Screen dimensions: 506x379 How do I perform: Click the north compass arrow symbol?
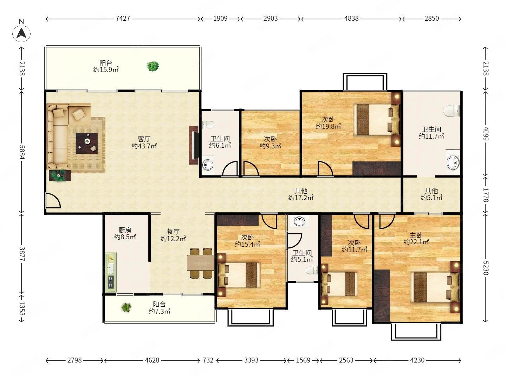[x=21, y=34]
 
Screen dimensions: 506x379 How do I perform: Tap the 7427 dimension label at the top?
[x=123, y=18]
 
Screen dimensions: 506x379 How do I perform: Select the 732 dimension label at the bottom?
[x=208, y=360]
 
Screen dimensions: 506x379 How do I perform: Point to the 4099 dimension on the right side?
[x=486, y=133]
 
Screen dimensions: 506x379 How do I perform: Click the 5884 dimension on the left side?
[x=22, y=152]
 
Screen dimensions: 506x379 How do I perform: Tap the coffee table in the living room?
[x=87, y=143]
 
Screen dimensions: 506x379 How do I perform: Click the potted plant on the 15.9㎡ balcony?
[x=153, y=66]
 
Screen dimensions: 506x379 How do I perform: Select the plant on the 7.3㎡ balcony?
[x=126, y=307]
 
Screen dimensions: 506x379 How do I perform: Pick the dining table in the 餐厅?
[x=201, y=263]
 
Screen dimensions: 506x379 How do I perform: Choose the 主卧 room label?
[x=416, y=235]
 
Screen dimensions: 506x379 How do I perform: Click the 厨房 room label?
[x=125, y=230]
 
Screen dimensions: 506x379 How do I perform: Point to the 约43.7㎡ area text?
[x=144, y=146]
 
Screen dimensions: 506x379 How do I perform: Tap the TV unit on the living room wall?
[x=194, y=145]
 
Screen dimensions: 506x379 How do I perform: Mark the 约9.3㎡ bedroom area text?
[x=270, y=146]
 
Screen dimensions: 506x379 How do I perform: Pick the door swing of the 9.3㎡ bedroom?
[x=251, y=169]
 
